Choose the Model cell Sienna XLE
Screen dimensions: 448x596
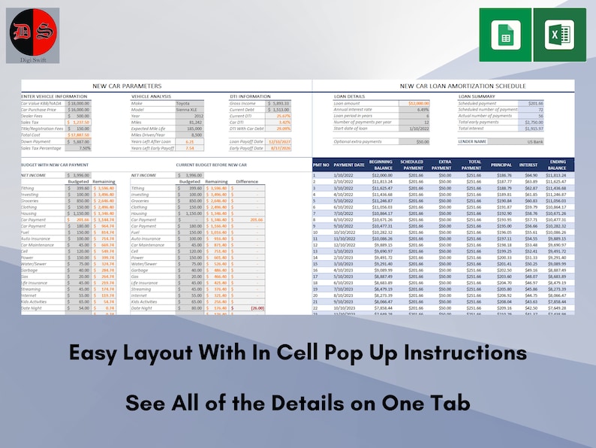(188, 109)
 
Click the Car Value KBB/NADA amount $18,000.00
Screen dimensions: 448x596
(79, 103)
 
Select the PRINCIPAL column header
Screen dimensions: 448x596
(501, 165)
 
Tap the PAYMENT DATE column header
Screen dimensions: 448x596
(348, 165)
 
